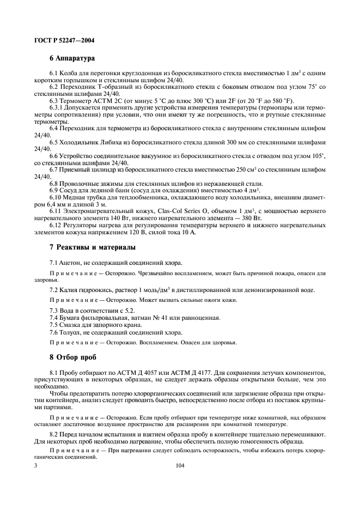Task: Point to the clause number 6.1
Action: (53, 73)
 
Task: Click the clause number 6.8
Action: (53, 183)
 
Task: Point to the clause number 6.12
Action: (55, 224)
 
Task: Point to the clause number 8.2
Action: (53, 434)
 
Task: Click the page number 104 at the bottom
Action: (180, 466)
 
